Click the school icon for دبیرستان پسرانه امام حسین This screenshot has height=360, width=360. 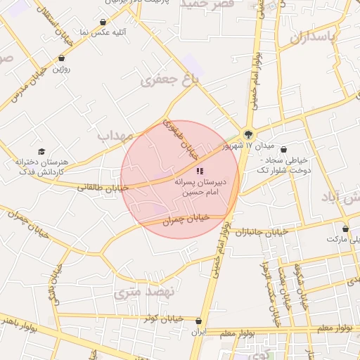(x=200, y=170)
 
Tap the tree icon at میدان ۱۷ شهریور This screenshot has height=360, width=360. (x=247, y=134)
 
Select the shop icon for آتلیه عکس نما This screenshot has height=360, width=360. (x=104, y=22)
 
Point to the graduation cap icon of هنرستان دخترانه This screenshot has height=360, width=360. (x=41, y=152)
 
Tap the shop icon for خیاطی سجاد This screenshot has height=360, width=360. (x=283, y=150)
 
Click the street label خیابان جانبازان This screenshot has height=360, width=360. (x=262, y=231)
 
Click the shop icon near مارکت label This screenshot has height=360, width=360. (x=345, y=229)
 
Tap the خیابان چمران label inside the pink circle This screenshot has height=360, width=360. (x=186, y=219)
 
